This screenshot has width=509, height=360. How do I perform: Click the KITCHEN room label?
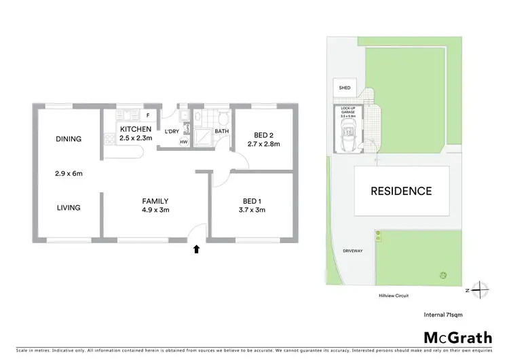point(135,129)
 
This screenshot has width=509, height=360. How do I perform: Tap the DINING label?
point(69,139)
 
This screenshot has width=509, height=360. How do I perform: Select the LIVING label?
point(69,208)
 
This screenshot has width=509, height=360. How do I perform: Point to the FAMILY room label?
point(155,200)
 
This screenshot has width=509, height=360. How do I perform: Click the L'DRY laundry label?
point(172,131)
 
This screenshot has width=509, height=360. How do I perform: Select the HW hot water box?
point(183,142)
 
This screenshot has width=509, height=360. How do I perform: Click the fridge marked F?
point(147,115)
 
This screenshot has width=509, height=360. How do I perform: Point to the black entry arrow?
point(197,249)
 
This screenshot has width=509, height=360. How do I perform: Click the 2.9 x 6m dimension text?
point(69,173)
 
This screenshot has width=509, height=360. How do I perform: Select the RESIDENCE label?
point(400,191)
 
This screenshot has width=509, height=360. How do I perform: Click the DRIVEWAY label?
point(353,251)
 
